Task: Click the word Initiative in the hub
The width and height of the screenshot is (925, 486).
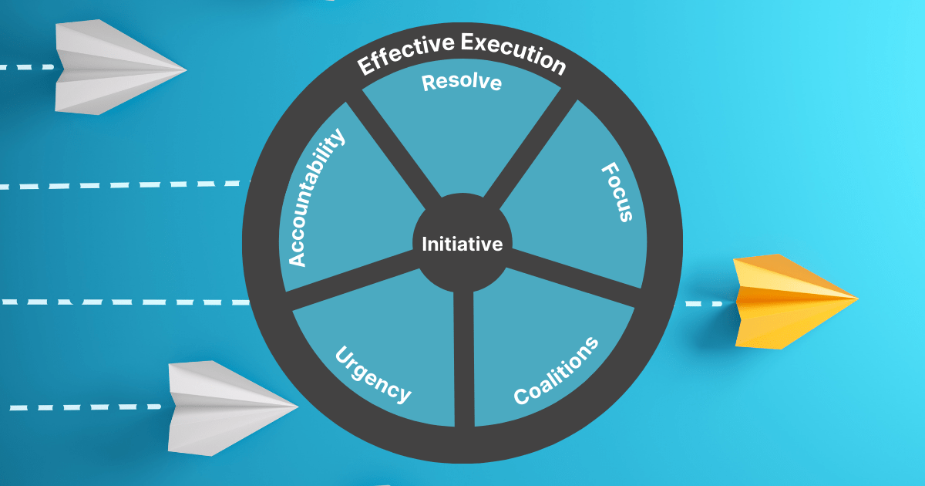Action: (x=462, y=245)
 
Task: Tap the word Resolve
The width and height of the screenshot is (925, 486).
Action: (x=462, y=82)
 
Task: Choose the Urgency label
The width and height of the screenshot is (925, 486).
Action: (x=372, y=373)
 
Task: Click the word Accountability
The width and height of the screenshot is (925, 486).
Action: (x=316, y=198)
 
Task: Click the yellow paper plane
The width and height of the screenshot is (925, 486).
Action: (x=790, y=301)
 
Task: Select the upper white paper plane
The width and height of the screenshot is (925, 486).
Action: (x=116, y=68)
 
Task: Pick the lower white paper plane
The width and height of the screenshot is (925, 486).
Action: (x=228, y=407)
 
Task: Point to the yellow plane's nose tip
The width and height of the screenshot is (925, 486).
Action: (x=856, y=297)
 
